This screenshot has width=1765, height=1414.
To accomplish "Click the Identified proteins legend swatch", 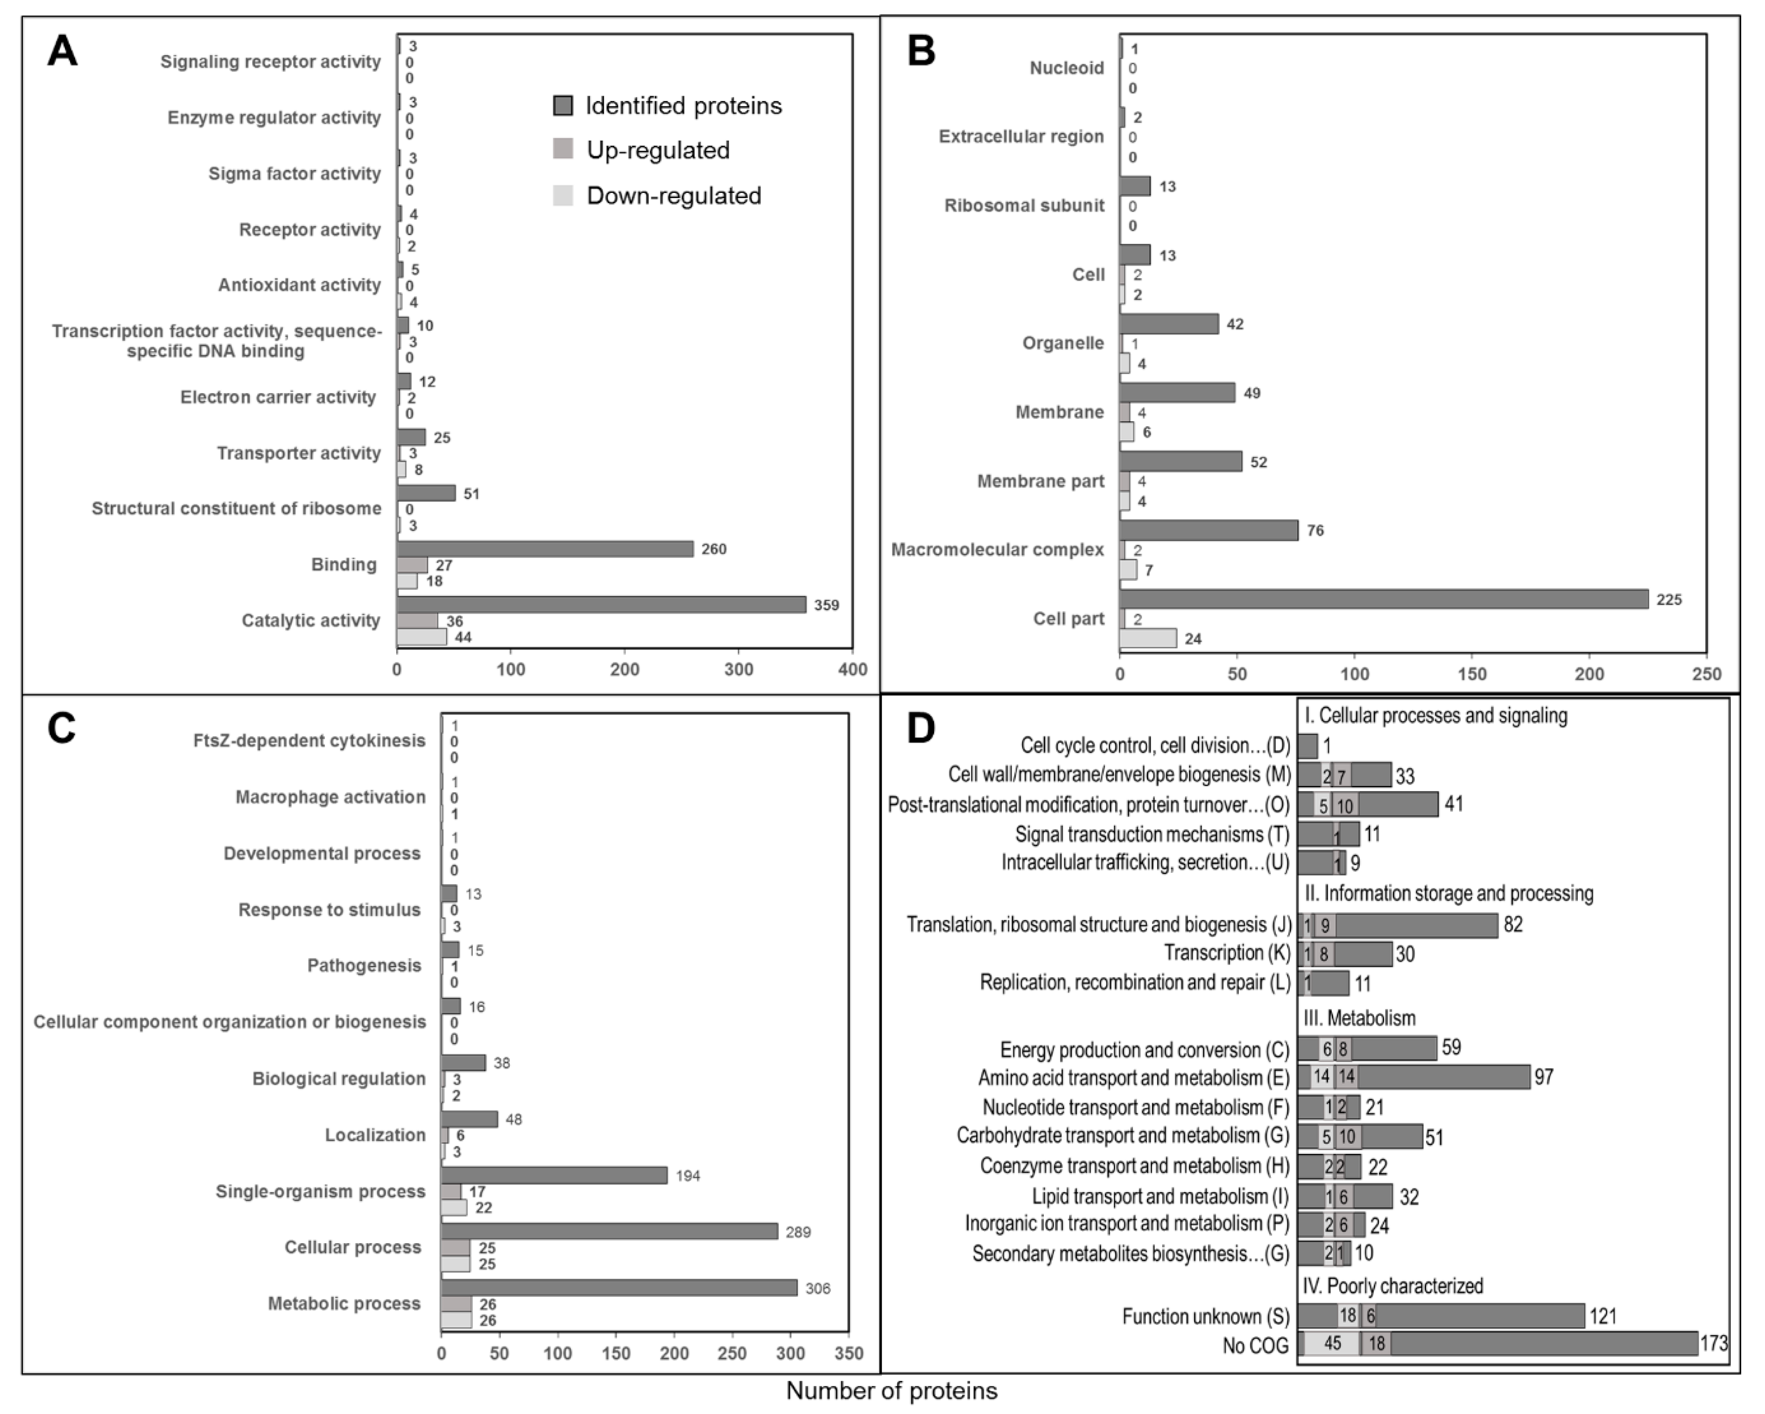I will pyautogui.click(x=563, y=106).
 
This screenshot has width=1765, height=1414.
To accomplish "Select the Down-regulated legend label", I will pyautogui.click(x=674, y=196).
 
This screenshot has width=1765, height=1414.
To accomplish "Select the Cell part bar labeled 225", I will pyautogui.click(x=1384, y=599).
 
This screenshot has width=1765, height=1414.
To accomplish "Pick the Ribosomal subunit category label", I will pyautogui.click(x=1024, y=205).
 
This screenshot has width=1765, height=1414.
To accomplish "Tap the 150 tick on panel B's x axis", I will pyautogui.click(x=1472, y=674).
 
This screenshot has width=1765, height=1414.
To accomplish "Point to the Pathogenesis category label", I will pyautogui.click(x=364, y=966).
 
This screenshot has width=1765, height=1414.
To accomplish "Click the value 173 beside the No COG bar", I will pyautogui.click(x=1714, y=1343).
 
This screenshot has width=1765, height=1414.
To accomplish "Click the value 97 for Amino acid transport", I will pyautogui.click(x=1543, y=1077).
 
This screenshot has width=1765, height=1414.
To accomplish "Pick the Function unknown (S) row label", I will pyautogui.click(x=1205, y=1316).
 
